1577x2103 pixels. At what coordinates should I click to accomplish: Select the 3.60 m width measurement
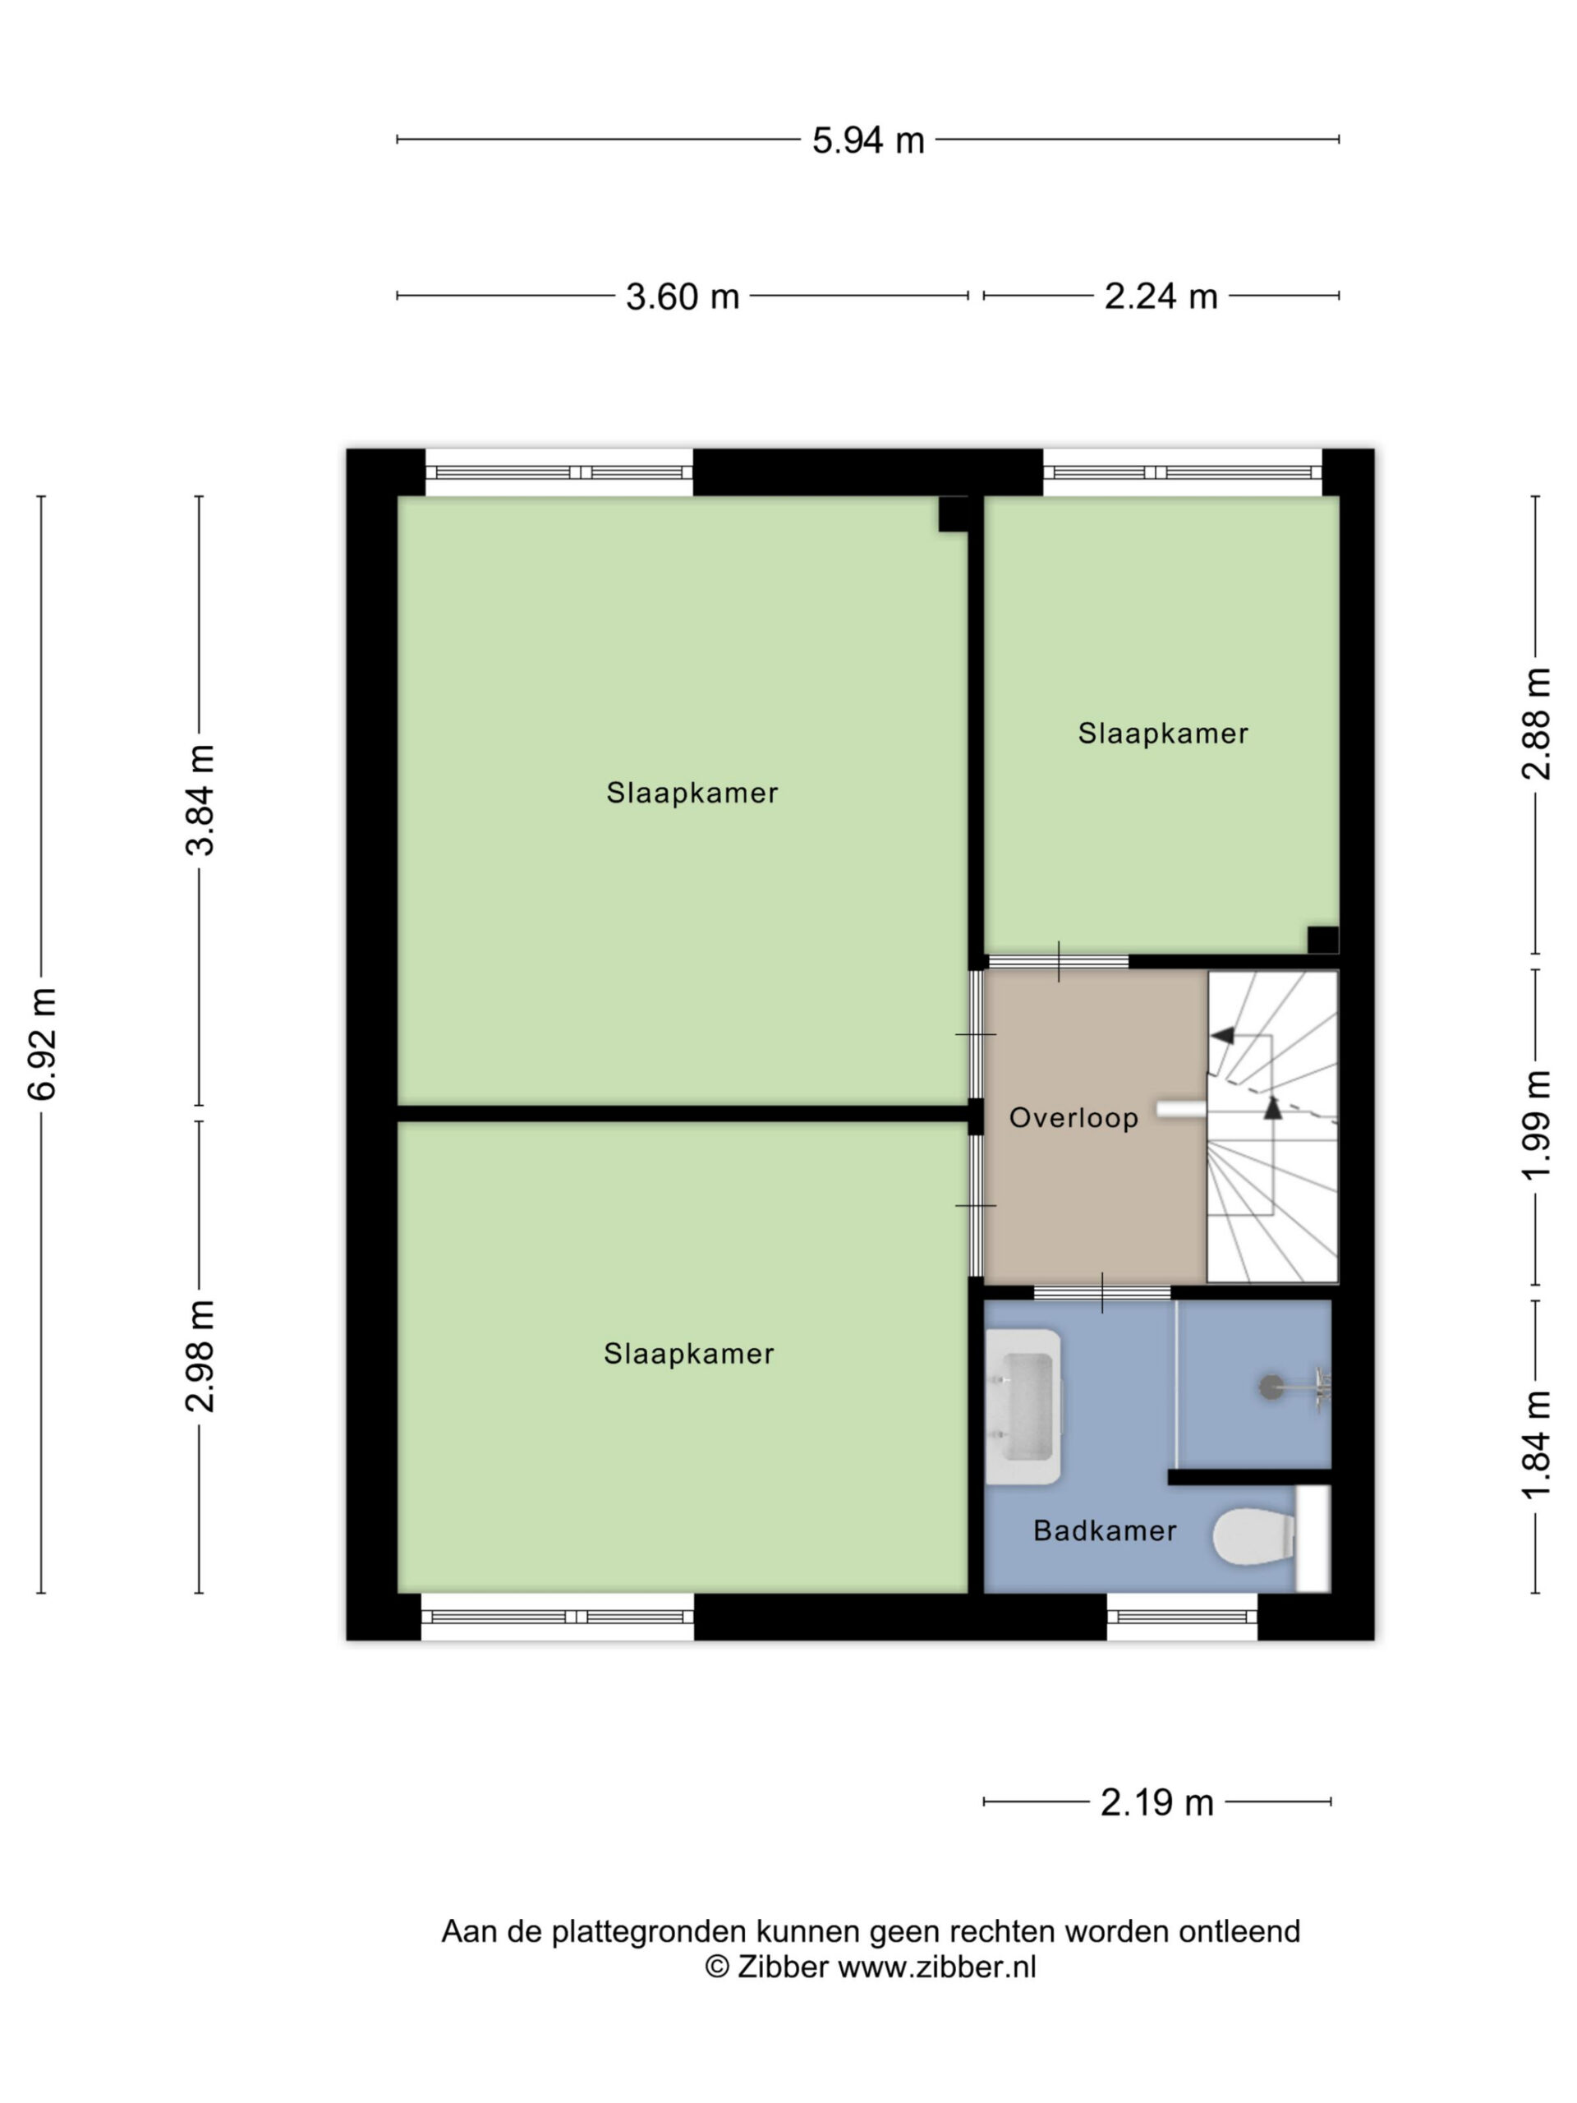click(683, 297)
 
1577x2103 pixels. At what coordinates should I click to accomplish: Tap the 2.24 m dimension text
click(1161, 297)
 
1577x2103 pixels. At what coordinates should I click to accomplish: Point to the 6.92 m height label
click(43, 1044)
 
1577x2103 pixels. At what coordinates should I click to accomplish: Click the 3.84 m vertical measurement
click(200, 800)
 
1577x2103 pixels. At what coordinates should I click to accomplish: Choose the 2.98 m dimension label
click(200, 1355)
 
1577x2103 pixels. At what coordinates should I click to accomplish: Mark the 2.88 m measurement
click(1537, 724)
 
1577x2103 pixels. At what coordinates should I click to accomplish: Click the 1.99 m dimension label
click(1537, 1125)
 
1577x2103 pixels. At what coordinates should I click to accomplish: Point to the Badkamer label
click(1105, 1530)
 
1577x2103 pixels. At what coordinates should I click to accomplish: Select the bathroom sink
click(1023, 1407)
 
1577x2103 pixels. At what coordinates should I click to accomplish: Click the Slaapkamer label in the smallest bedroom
click(1162, 733)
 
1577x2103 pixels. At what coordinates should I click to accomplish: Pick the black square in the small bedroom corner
click(1322, 939)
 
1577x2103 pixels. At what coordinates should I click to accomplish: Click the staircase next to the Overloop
click(1271, 1125)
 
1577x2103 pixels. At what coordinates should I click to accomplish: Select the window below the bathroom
click(1182, 1618)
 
